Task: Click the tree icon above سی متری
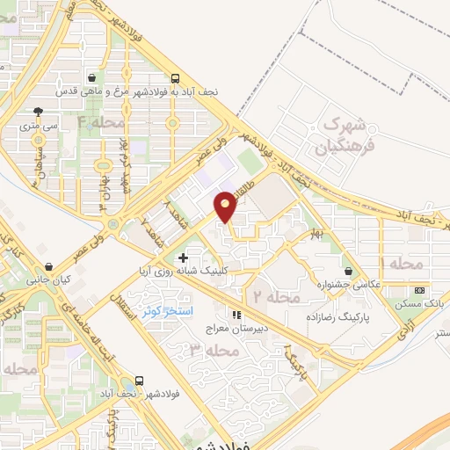point(38,112)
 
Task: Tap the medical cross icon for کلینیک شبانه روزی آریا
point(183,258)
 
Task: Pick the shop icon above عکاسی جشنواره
point(352,271)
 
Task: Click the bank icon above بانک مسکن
point(420,290)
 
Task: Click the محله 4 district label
point(101,122)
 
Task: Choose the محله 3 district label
point(214,352)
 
